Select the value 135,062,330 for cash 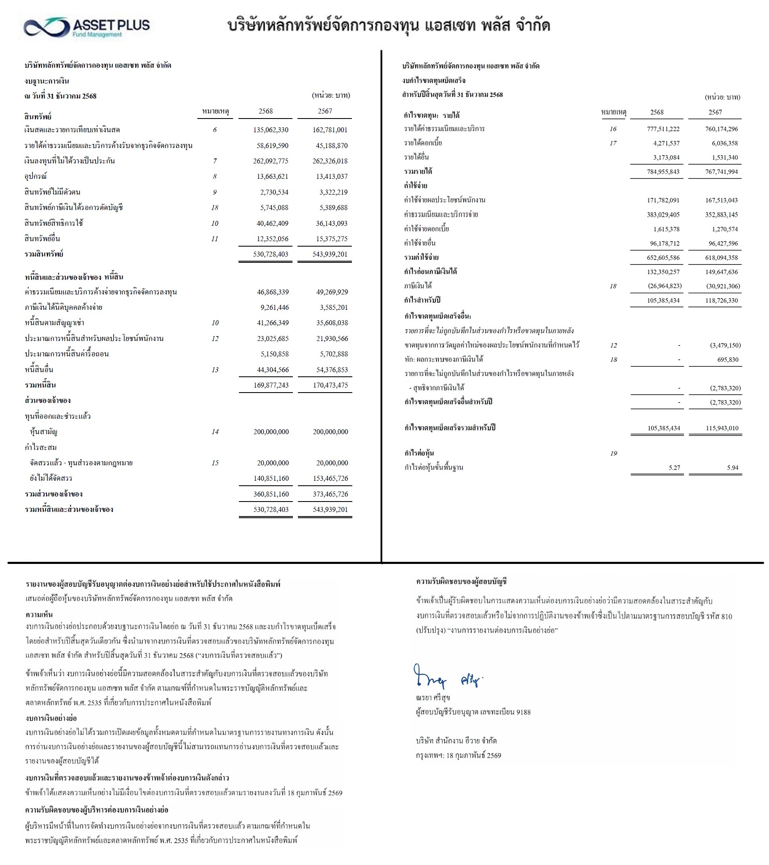point(270,130)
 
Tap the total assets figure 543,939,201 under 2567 point(330,255)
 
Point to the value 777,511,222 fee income point(663,129)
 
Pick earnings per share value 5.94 point(732,467)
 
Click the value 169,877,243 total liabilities point(271,385)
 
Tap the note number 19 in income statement point(613,454)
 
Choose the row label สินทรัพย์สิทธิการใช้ point(54,223)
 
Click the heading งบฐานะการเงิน point(47,81)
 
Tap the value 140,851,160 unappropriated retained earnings point(271,478)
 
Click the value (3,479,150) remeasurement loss point(725,345)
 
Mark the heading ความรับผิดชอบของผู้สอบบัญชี point(461,581)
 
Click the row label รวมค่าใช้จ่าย point(421,257)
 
